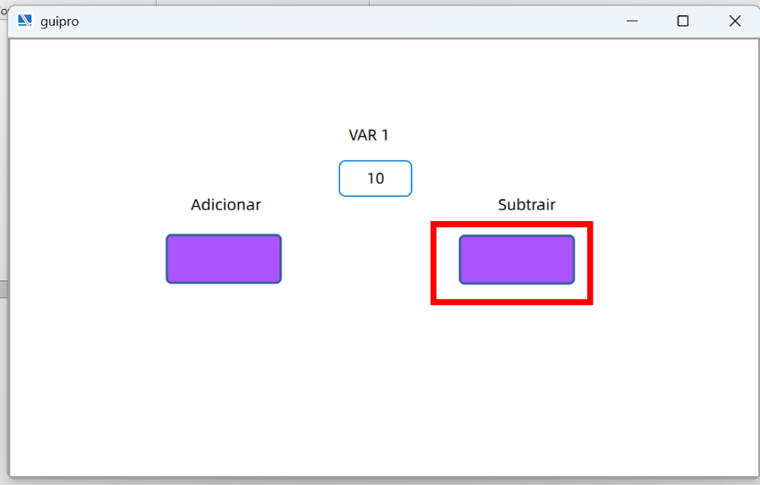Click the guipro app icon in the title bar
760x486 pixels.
[24, 21]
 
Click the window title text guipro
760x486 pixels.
[60, 21]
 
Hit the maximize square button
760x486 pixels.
[683, 21]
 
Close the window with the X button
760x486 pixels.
[735, 21]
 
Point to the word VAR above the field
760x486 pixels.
[363, 135]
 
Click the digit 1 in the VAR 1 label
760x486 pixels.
[385, 135]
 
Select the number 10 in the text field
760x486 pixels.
[376, 178]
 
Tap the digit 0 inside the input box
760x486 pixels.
[380, 178]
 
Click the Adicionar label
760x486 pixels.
[226, 204]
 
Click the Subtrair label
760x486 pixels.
[526, 204]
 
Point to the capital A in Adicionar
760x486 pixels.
[196, 205]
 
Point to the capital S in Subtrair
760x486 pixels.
[502, 205]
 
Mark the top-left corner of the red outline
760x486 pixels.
[431, 222]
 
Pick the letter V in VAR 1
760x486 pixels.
[354, 135]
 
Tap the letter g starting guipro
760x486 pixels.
[44, 22]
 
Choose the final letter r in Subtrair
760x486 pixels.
[553, 206]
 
